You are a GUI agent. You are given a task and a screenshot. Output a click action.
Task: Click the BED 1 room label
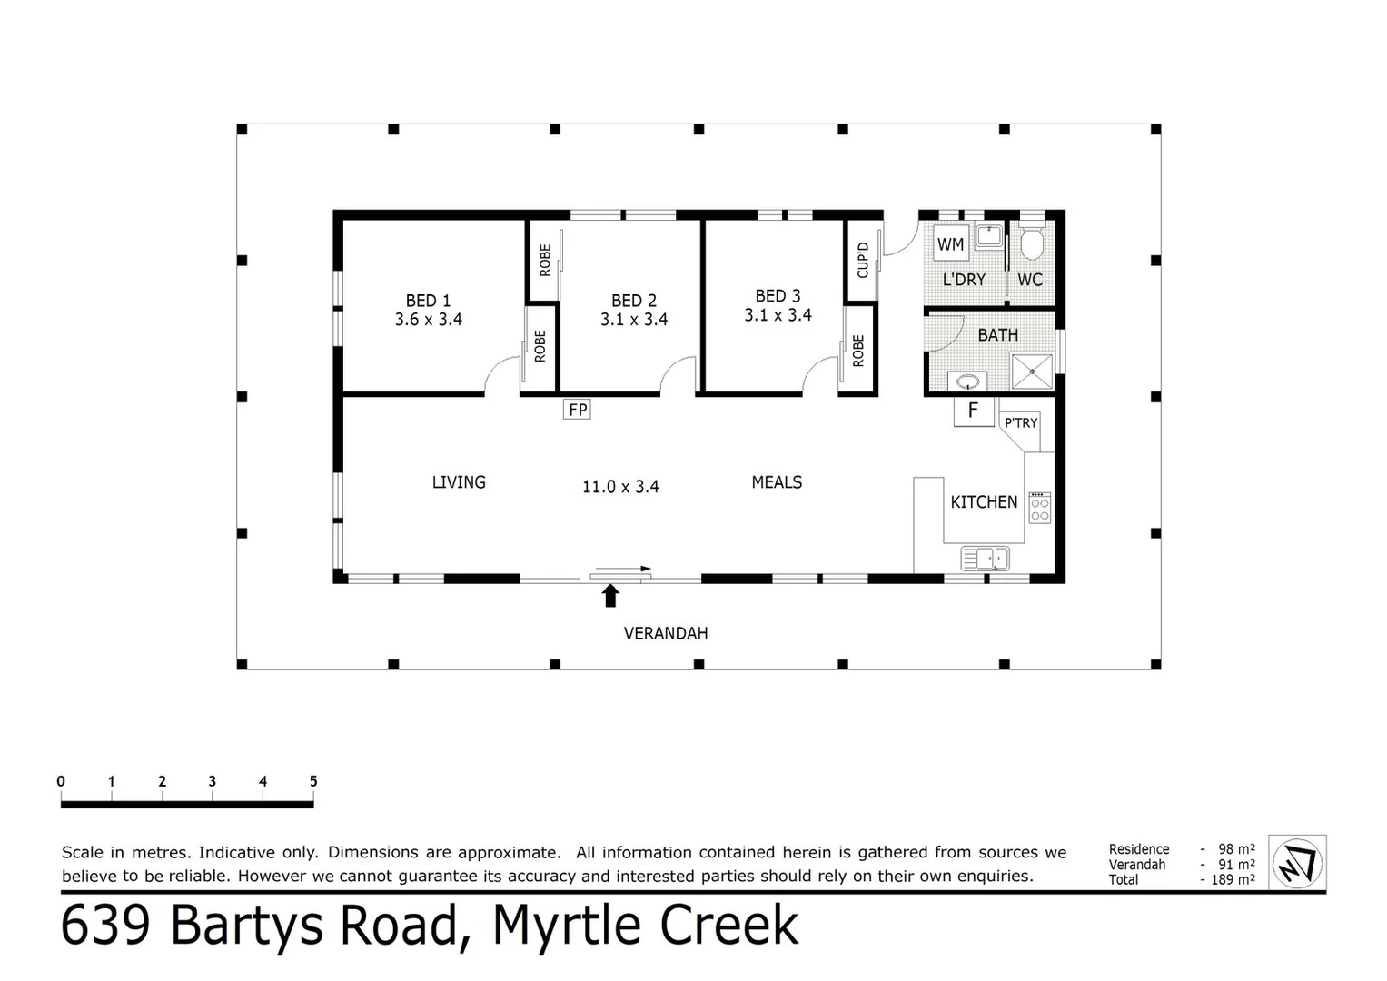[428, 301]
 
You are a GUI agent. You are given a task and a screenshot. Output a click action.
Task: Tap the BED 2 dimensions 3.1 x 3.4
[634, 320]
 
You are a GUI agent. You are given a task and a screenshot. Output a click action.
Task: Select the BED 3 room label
[778, 296]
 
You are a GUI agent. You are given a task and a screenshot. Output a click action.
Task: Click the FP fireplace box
[578, 410]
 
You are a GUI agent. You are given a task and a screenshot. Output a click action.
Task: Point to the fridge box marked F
[973, 411]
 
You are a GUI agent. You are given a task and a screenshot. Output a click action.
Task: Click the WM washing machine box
[950, 244]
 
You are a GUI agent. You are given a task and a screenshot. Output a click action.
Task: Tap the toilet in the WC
[1032, 243]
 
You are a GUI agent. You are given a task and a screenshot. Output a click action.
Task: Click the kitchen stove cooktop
[1039, 507]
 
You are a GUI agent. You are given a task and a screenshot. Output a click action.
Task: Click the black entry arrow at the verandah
[610, 596]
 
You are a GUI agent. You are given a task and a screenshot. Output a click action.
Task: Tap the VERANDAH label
[666, 633]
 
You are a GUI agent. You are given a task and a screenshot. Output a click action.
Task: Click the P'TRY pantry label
[1020, 423]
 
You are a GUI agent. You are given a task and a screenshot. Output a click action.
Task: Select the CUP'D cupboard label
[863, 260]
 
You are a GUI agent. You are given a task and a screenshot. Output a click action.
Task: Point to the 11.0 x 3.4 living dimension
[620, 487]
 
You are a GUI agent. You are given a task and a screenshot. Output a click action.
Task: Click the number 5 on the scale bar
[313, 781]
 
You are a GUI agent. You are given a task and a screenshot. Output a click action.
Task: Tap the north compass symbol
[1297, 863]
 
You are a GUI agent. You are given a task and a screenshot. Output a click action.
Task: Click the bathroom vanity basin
[967, 381]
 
